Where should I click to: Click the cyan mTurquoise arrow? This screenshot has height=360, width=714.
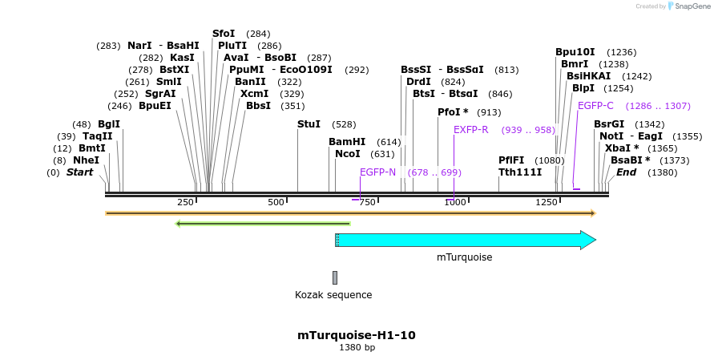pos(465,240)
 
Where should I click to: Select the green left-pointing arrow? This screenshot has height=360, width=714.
pos(263,223)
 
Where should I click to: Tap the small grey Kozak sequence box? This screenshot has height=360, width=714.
pos(335,277)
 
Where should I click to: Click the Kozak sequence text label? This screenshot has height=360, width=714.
pos(333,295)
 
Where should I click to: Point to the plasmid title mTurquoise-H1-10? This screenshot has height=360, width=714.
pos(357,335)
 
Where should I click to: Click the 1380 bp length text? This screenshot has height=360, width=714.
pos(357,348)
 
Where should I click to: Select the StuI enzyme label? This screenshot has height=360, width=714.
pos(309,124)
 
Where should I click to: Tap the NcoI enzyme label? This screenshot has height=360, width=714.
pos(348,154)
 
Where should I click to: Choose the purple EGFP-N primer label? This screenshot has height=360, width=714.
pos(377,172)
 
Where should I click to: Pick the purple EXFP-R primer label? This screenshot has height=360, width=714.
pos(470,130)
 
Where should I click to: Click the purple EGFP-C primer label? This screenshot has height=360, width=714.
pos(595,106)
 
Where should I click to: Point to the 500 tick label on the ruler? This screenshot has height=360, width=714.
pos(276,202)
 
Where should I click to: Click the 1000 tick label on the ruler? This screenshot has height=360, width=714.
pos(455,202)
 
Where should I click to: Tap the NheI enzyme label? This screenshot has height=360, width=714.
pos(86,160)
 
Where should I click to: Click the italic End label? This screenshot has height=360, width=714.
pos(626,172)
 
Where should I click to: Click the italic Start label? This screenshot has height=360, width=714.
pos(79,172)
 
